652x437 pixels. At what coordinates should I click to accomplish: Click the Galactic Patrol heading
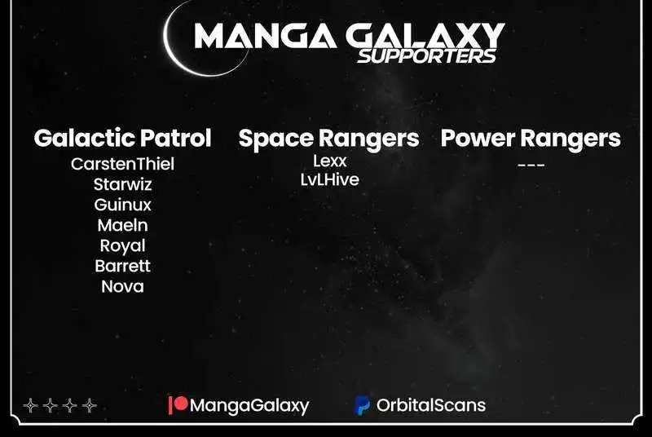tap(123, 138)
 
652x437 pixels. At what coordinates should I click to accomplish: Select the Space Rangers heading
tap(329, 139)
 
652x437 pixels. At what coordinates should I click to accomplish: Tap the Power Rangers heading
tap(531, 139)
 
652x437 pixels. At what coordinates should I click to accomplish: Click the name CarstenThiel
tap(123, 164)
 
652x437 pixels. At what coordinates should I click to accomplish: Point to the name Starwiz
tap(123, 184)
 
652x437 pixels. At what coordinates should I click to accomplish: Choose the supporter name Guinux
tap(123, 205)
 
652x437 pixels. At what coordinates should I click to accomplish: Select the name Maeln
tap(123, 225)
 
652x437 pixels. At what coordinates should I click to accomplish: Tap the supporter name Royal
tap(123, 245)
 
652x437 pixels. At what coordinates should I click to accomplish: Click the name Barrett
tap(123, 266)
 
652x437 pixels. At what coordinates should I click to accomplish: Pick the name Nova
tap(123, 286)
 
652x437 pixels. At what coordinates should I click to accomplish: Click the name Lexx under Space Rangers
tap(330, 161)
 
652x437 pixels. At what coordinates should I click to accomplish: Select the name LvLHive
tap(330, 179)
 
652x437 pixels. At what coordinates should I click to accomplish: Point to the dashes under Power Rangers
tap(531, 165)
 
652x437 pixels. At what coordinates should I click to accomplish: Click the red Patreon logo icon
tap(178, 404)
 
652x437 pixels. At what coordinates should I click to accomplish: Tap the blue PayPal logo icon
tap(362, 405)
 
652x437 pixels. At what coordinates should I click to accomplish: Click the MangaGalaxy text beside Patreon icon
tap(249, 405)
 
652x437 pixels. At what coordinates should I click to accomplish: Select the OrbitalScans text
tap(431, 405)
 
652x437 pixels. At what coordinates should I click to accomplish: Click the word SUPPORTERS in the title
tap(427, 56)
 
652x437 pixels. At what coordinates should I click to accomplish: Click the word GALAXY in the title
tap(425, 36)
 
